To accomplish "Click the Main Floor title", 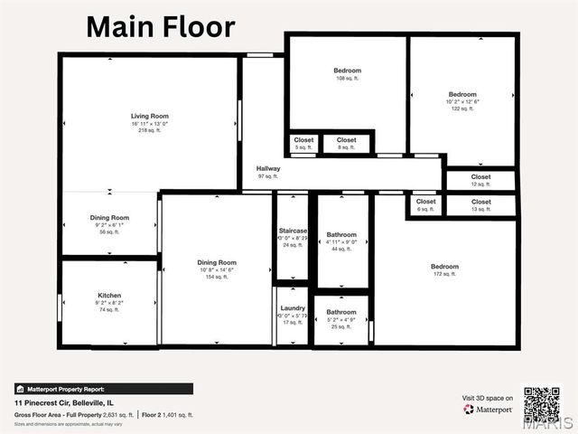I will pos(160,26).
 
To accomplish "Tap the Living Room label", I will pos(150,117).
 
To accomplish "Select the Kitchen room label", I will pos(109,296).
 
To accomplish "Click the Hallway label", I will pos(268,168).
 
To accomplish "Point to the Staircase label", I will pos(293,231).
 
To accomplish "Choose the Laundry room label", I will pos(293,308).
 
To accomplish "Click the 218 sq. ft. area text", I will pos(150,131).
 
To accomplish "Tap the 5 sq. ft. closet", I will pos(303,144).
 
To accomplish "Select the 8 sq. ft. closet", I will pos(346,144).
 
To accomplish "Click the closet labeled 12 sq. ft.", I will pos(480,181).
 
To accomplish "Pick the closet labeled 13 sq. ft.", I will pos(480,205).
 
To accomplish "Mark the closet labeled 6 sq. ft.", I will pos(425,205).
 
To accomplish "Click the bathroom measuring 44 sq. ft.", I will pos(341,241).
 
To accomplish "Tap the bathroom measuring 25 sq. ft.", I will pos(341,318).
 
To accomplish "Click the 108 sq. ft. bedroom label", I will pos(348,74).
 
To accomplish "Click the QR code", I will pos(542,406).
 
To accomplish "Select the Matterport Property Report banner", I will pos(103,389).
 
